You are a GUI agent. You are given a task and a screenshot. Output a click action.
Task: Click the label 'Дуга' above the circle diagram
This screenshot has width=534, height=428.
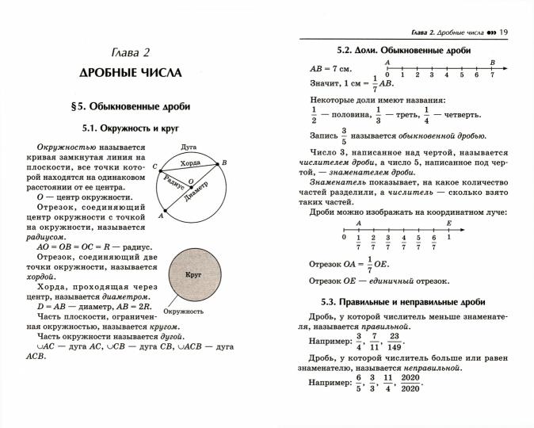(189, 147)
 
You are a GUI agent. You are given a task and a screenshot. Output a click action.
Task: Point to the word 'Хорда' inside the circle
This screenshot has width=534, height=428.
(190, 163)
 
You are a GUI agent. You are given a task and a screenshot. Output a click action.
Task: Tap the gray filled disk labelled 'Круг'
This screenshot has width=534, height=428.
(193, 273)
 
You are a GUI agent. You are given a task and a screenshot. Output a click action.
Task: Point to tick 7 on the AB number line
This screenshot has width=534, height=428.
(492, 75)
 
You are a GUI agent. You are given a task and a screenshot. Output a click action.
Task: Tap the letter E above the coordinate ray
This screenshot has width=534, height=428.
(448, 224)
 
